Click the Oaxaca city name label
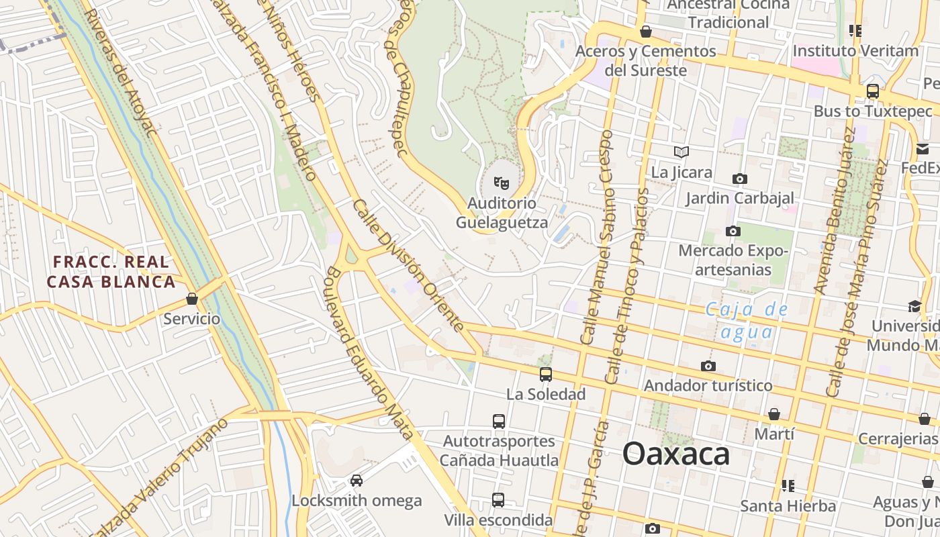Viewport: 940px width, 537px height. click(675, 454)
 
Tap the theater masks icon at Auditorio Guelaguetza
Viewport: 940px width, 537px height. click(501, 182)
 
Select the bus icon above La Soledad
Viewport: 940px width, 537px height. click(546, 375)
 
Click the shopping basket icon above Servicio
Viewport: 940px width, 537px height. click(192, 299)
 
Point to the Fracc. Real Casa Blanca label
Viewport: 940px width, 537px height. click(111, 271)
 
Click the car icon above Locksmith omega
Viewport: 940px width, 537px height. click(357, 481)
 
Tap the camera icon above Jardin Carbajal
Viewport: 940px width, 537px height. click(739, 179)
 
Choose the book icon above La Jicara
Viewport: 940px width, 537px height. click(681, 152)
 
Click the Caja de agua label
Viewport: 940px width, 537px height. click(746, 320)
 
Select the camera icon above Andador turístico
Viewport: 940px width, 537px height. click(708, 366)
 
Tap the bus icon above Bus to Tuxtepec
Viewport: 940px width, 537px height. click(873, 91)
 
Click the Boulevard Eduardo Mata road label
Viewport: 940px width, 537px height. click(369, 353)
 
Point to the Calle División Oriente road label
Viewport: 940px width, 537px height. click(408, 265)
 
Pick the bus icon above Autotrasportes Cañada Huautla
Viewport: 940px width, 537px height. click(498, 422)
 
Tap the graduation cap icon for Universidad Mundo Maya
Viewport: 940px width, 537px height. click(914, 307)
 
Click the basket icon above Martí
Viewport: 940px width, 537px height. click(774, 414)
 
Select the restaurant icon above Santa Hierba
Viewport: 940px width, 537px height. click(788, 485)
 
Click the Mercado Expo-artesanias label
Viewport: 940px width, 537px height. click(733, 260)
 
